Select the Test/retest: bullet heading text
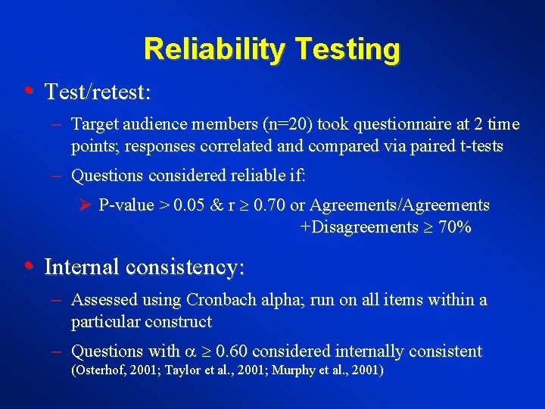pos(98,92)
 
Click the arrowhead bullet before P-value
pos(86,205)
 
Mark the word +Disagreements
pos(360,227)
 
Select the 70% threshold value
pos(454,227)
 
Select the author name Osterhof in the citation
pos(101,371)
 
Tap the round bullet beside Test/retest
pos(28,92)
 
